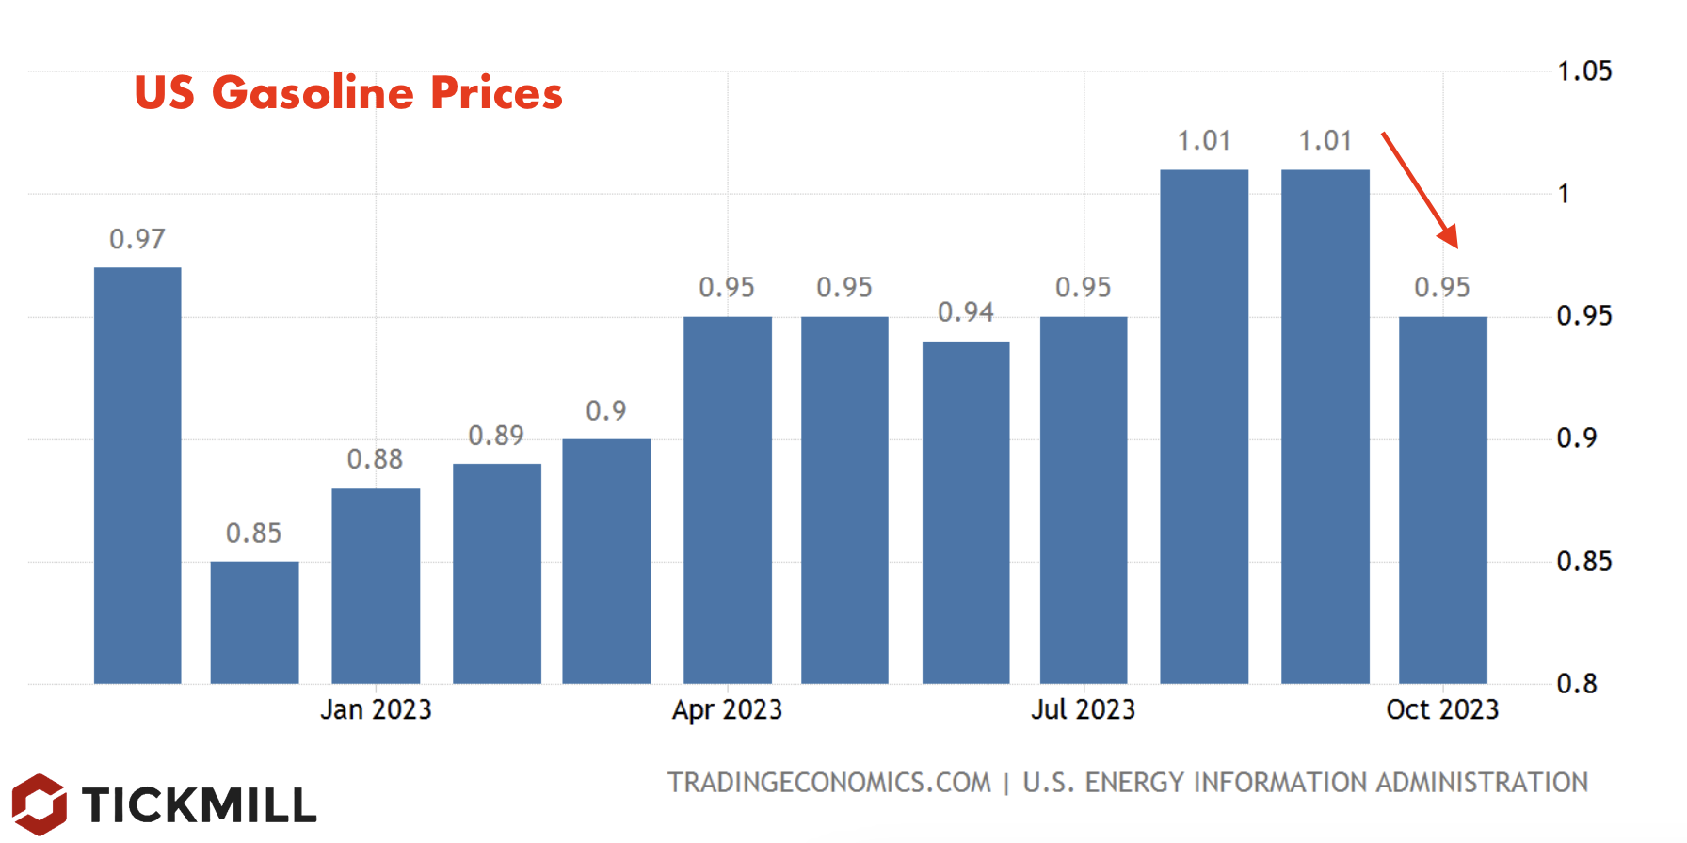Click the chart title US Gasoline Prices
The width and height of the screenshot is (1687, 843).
348,93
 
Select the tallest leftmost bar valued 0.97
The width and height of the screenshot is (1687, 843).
137,475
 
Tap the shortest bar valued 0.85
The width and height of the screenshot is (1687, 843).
254,622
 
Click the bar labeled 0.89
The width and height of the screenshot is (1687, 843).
497,573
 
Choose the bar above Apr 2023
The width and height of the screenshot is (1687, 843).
728,500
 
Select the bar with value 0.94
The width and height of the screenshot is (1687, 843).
966,512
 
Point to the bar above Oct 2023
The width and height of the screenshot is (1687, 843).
1443,500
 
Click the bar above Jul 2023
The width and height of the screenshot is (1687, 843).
1084,500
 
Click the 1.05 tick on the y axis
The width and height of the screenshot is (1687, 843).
1584,72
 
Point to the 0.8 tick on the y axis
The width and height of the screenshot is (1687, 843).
1577,684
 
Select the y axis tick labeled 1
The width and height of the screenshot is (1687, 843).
1564,195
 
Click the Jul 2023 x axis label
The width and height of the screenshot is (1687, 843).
1084,709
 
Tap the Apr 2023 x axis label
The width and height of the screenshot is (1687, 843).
728,709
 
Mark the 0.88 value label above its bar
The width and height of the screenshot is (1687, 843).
375,459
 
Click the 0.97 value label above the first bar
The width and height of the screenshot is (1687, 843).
137,239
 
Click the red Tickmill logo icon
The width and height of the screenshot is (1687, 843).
40,804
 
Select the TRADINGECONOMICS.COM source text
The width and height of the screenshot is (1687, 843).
829,783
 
